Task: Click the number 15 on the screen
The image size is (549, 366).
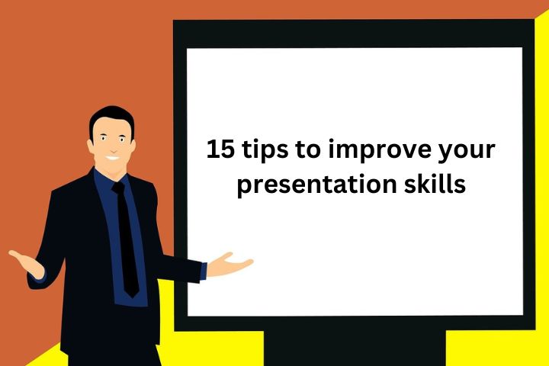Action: click(220, 149)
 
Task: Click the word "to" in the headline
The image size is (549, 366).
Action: click(307, 150)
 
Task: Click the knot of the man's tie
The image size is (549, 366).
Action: click(118, 188)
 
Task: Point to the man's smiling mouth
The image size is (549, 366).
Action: click(113, 158)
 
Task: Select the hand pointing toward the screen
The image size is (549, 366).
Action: click(230, 265)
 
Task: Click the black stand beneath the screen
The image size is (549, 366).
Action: click(355, 348)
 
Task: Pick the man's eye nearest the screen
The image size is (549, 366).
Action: click(122, 140)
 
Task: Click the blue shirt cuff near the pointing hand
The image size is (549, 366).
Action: click(204, 271)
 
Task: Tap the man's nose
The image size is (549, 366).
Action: click(114, 148)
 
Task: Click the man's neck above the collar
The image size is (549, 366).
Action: click(111, 171)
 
